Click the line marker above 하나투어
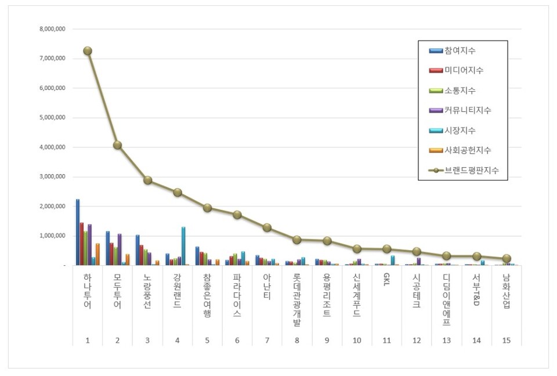pyautogui.click(x=88, y=50)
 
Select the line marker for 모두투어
pyautogui.click(x=117, y=145)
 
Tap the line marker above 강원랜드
pyautogui.click(x=178, y=193)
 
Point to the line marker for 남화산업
pyautogui.click(x=507, y=259)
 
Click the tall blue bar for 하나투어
pyautogui.click(x=78, y=232)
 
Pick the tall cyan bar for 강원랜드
pyautogui.click(x=183, y=246)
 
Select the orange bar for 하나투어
pyautogui.click(x=97, y=254)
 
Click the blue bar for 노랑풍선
pyautogui.click(x=138, y=250)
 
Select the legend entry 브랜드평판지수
pyautogui.click(x=471, y=171)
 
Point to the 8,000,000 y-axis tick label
pyautogui.click(x=52, y=29)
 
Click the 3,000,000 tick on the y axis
pyautogui.click(x=52, y=177)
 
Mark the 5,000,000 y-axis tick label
pyautogui.click(x=52, y=118)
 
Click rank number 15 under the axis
pyautogui.click(x=507, y=341)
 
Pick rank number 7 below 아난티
pyautogui.click(x=267, y=341)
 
